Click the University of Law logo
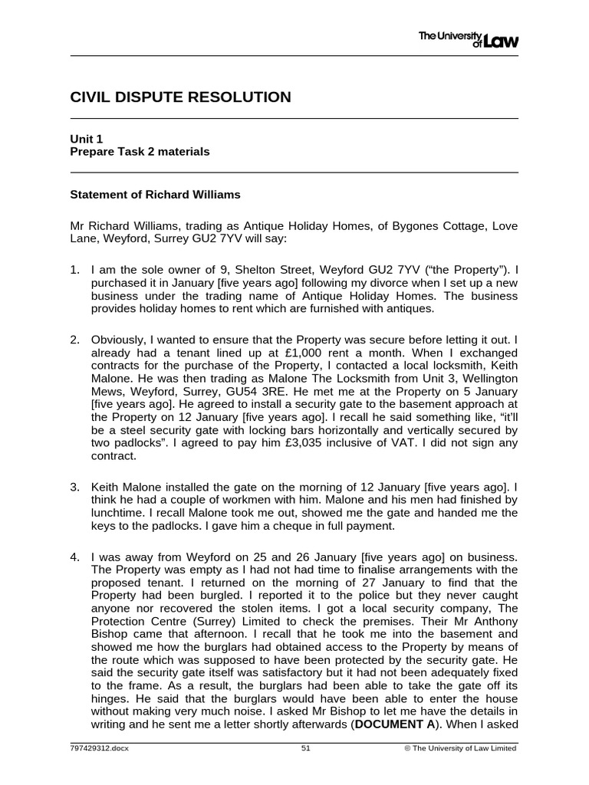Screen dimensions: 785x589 [x=468, y=39]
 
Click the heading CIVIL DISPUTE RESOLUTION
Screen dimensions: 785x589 [x=180, y=97]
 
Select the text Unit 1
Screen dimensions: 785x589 [x=87, y=139]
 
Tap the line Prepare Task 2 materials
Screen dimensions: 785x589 [x=140, y=152]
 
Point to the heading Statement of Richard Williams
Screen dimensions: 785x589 [x=155, y=195]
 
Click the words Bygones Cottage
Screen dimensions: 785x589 [x=434, y=225]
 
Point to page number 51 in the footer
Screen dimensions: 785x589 [x=306, y=750]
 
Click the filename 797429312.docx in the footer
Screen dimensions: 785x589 [x=100, y=750]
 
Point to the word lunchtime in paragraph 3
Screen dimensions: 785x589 [x=117, y=512]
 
